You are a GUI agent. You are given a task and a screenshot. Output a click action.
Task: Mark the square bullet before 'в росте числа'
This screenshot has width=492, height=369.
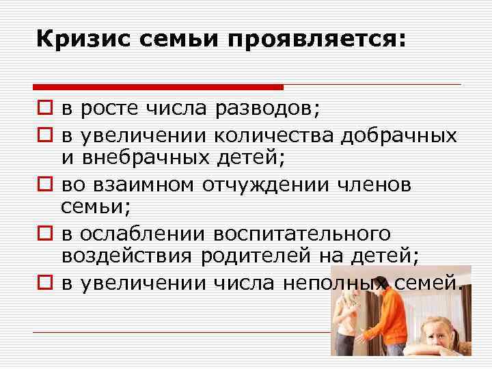pos(43,109)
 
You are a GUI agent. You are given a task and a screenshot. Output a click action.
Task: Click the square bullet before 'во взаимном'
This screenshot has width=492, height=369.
pos(43,185)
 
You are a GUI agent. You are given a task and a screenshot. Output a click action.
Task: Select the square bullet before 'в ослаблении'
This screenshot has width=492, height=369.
pos(43,234)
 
